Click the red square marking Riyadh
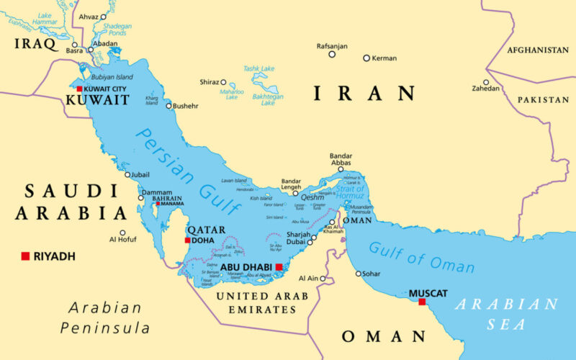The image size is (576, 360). click(25, 256)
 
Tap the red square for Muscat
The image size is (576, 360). click(422, 302)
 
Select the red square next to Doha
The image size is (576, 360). click(188, 240)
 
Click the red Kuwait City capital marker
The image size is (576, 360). click(79, 89)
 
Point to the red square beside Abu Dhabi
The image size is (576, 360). click(279, 266)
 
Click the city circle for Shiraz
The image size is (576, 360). click(223, 82)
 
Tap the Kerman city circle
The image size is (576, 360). click(366, 58)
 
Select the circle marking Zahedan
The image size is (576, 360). click(486, 82)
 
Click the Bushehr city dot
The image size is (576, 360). click(169, 106)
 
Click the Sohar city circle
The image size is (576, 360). click(359, 273)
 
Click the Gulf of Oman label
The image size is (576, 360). click(421, 257)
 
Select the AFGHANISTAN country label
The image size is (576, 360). click(537, 50)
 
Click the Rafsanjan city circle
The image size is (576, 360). click(332, 54)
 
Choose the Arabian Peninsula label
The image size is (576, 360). click(105, 318)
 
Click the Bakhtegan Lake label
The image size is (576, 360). click(268, 99)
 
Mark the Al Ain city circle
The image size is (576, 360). click(323, 278)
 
